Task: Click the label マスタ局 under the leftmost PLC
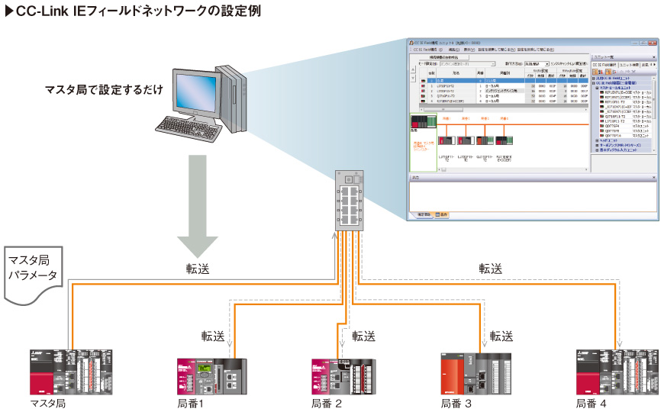48,403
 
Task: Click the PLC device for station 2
343,376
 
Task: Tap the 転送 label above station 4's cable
491,269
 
